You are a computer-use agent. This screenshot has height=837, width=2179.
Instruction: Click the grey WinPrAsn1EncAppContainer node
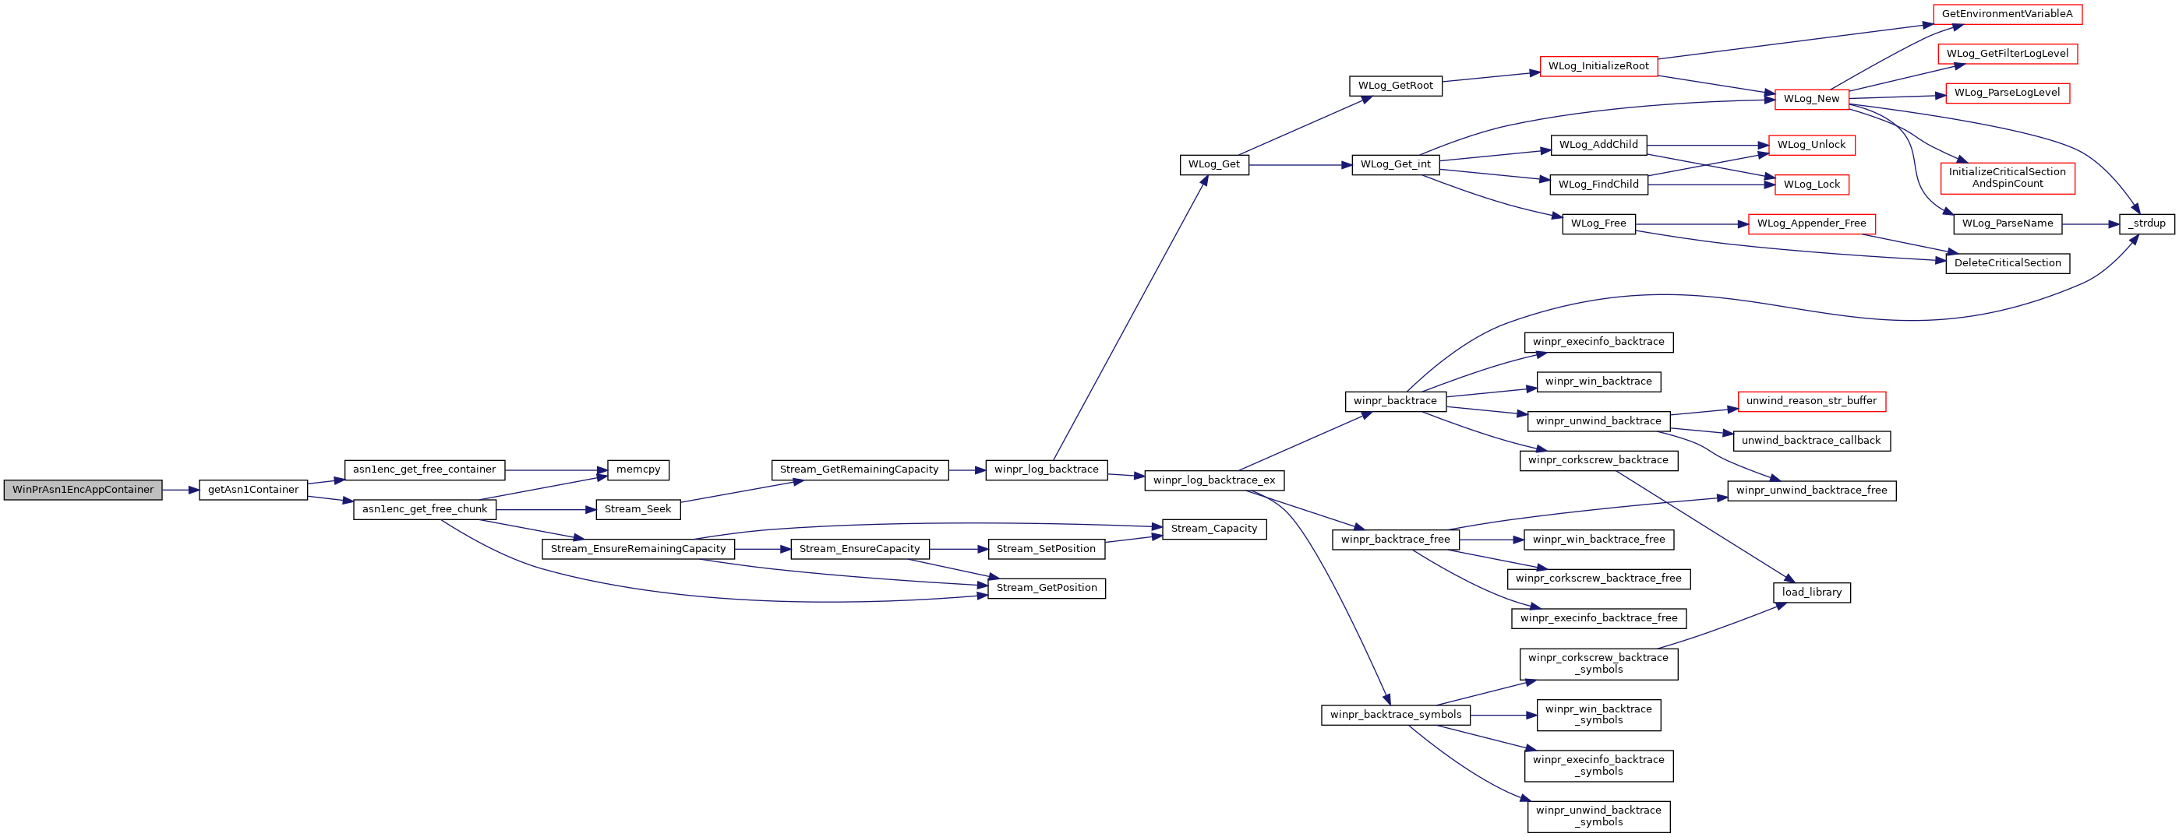tap(83, 490)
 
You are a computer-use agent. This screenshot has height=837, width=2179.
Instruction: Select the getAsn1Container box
tap(253, 490)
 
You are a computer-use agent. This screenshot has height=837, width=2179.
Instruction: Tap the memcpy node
tap(637, 470)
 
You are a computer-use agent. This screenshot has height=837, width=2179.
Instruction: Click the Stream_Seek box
tap(637, 509)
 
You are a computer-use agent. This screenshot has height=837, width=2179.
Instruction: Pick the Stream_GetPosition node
tap(1047, 588)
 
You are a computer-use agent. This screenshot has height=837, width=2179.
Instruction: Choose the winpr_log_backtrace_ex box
tap(1214, 480)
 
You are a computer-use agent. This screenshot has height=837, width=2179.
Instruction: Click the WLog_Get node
tap(1214, 165)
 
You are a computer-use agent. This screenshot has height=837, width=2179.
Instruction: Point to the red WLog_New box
tap(1811, 99)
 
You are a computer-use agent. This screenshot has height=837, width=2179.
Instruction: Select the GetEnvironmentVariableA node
tap(2008, 14)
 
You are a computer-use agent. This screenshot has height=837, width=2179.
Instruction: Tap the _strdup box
tap(2148, 224)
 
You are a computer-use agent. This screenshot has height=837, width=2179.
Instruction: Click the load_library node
tap(1811, 593)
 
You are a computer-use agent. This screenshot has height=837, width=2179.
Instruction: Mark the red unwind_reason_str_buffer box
tap(1811, 402)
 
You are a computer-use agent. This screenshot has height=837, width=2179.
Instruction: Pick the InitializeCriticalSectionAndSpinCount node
tap(2007, 178)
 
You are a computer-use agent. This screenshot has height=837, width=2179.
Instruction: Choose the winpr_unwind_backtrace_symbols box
tap(1598, 816)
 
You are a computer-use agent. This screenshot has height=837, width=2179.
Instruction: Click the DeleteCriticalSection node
tap(2008, 263)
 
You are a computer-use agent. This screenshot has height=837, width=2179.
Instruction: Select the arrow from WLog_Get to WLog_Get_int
tap(1300, 165)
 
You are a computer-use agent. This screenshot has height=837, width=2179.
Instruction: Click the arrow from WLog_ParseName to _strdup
tap(2091, 224)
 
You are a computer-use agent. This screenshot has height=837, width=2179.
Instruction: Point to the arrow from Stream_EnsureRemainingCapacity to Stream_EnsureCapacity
tap(762, 550)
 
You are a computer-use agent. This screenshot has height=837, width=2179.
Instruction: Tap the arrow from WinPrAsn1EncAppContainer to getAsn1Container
tap(181, 490)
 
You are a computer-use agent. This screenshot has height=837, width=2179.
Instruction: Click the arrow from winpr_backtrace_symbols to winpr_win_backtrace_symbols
tap(1503, 716)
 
